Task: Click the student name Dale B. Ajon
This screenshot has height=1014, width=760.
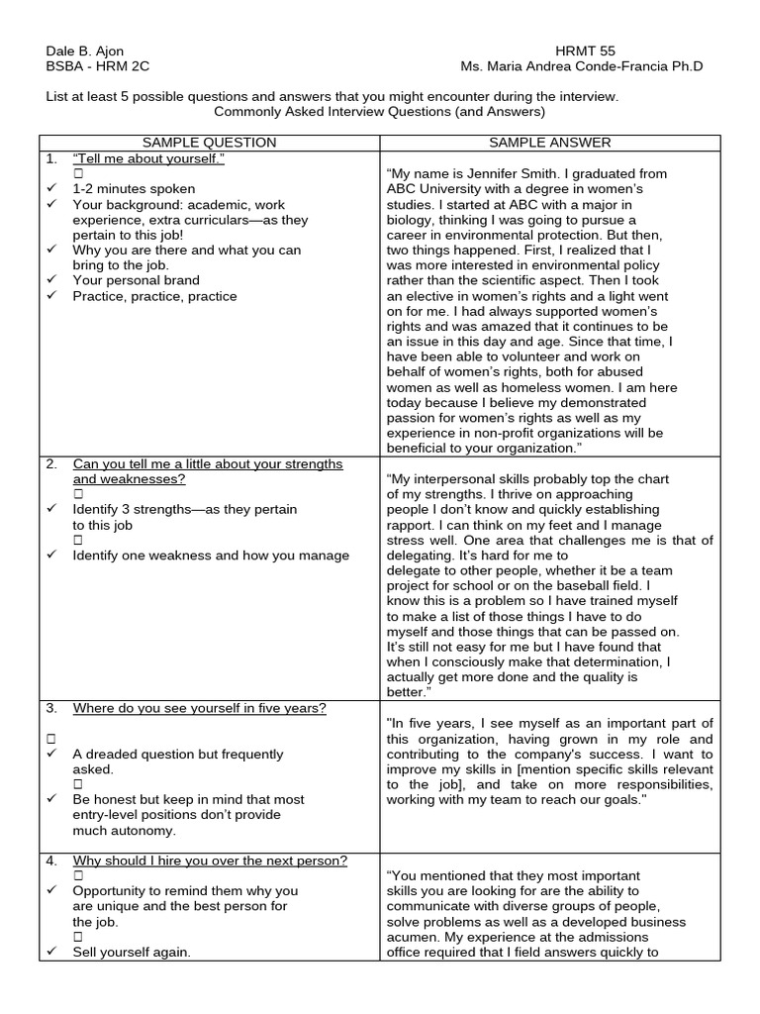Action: (86, 50)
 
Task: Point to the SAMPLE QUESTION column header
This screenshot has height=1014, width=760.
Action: (209, 143)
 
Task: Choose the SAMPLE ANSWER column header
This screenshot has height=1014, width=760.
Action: (550, 143)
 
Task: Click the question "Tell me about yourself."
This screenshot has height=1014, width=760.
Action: (148, 158)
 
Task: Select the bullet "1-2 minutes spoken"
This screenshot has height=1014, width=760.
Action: (134, 188)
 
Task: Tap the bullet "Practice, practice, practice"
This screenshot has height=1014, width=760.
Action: (154, 296)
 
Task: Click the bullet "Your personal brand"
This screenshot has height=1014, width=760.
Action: (136, 280)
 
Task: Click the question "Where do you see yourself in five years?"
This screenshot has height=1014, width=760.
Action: (199, 708)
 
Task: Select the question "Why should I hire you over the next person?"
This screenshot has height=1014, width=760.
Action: (210, 861)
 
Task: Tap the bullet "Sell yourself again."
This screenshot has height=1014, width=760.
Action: (132, 952)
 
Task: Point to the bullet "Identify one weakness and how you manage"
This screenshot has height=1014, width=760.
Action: (211, 556)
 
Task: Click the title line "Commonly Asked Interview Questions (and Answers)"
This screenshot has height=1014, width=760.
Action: (379, 113)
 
